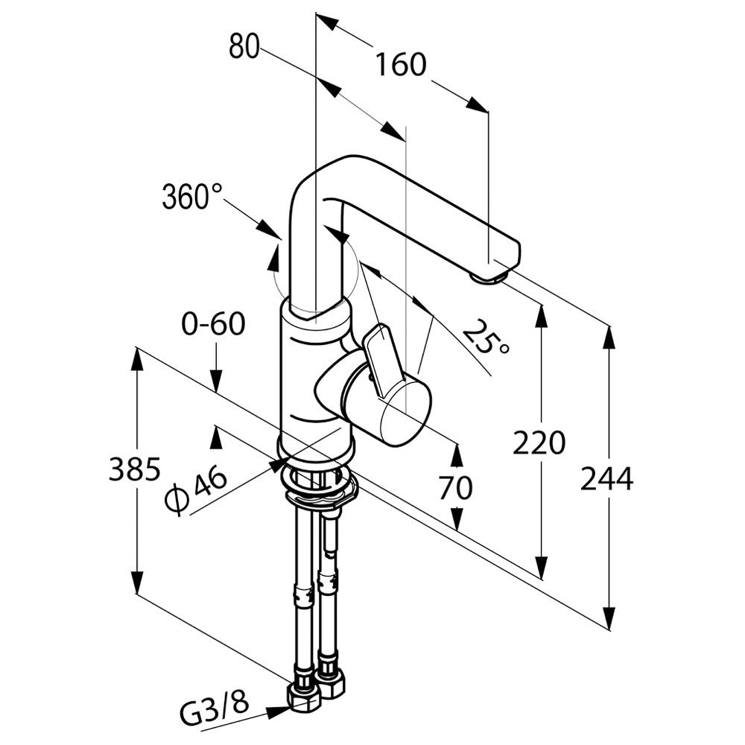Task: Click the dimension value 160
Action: point(400,66)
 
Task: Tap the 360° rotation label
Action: point(192,197)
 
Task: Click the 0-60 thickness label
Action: point(214,325)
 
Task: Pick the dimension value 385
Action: point(135,470)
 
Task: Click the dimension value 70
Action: point(456,488)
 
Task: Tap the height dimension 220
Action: point(539,444)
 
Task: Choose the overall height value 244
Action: point(607,479)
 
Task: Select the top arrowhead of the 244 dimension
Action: point(609,337)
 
